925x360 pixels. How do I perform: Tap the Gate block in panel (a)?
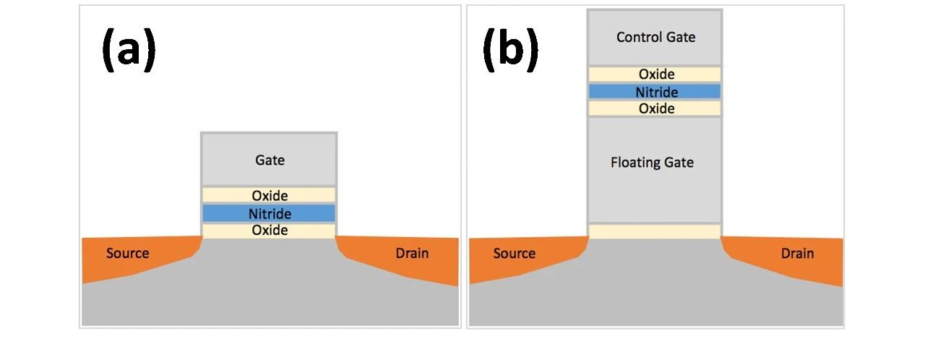pos(269,160)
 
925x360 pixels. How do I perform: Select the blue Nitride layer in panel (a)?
pos(269,213)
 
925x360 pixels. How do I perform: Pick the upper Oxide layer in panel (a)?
pos(269,195)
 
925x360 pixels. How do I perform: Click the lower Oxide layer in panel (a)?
pos(269,231)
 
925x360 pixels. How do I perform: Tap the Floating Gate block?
pos(655,170)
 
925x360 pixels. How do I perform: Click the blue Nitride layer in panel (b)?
pos(655,92)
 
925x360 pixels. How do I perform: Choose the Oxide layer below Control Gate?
pos(655,74)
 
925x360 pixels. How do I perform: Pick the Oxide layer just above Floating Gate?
pos(655,108)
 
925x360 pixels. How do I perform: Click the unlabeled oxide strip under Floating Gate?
pos(655,231)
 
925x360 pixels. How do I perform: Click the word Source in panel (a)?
pos(127,253)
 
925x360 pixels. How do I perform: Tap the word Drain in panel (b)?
pos(797,253)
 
